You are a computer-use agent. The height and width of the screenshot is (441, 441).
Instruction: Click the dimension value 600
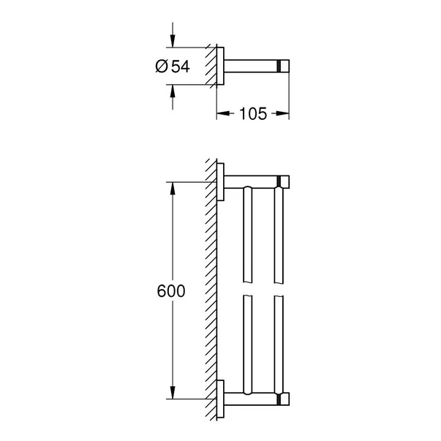click(171, 290)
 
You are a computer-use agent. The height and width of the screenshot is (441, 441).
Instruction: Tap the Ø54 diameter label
click(172, 67)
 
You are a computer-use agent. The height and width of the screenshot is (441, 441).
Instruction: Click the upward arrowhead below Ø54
click(173, 90)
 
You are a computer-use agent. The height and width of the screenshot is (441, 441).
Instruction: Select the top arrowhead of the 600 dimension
click(173, 186)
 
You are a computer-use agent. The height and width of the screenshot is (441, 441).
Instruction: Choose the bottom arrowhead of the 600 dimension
click(173, 394)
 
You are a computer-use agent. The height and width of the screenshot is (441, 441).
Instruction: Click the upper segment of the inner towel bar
click(247, 234)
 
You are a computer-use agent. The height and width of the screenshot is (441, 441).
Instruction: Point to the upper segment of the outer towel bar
click(278, 234)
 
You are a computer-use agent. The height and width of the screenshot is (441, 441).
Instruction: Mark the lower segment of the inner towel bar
click(247, 340)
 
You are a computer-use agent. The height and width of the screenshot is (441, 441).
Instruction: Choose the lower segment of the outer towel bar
click(278, 340)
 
